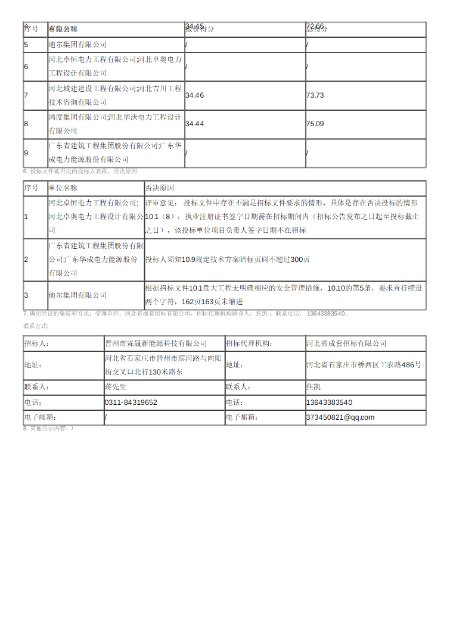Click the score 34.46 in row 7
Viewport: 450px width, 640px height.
point(194,95)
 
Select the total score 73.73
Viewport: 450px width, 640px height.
point(315,95)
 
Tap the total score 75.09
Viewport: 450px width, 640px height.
point(315,124)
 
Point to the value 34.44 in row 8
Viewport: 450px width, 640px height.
point(194,124)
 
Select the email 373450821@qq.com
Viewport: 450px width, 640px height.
point(340,417)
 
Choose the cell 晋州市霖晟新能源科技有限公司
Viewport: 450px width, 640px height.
point(156,344)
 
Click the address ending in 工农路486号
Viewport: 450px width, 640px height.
point(363,364)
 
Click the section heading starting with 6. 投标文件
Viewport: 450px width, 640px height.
point(80,171)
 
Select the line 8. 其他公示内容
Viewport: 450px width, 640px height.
point(48,429)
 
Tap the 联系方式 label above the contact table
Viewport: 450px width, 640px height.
point(36,326)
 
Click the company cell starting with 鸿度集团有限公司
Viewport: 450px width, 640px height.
point(114,124)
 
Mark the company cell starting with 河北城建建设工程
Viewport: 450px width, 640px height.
point(114,95)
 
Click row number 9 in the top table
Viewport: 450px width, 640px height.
point(26,153)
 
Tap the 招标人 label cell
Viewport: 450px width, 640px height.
point(36,344)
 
